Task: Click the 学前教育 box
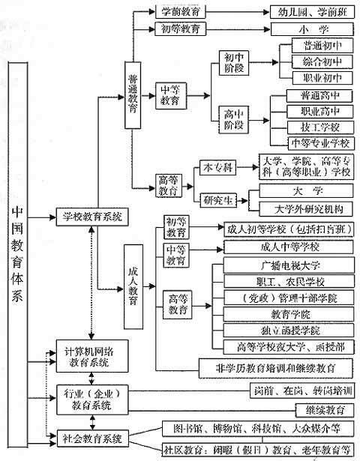click(180, 12)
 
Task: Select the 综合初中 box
click(316, 61)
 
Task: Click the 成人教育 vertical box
click(133, 286)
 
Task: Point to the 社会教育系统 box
click(93, 437)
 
